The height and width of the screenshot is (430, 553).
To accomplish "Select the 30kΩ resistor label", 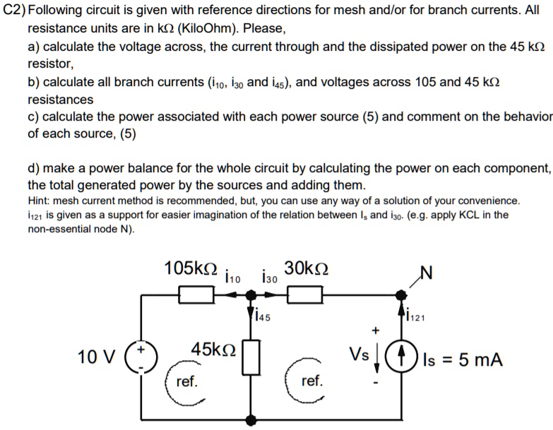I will pos(305,269).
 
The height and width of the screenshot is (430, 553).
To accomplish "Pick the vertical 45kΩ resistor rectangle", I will pos(251,356).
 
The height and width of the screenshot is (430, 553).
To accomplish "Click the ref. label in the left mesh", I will pos(186,381).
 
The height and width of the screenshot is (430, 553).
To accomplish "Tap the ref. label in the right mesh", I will pos(311,381).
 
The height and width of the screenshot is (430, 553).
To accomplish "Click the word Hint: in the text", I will pos(41,201).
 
